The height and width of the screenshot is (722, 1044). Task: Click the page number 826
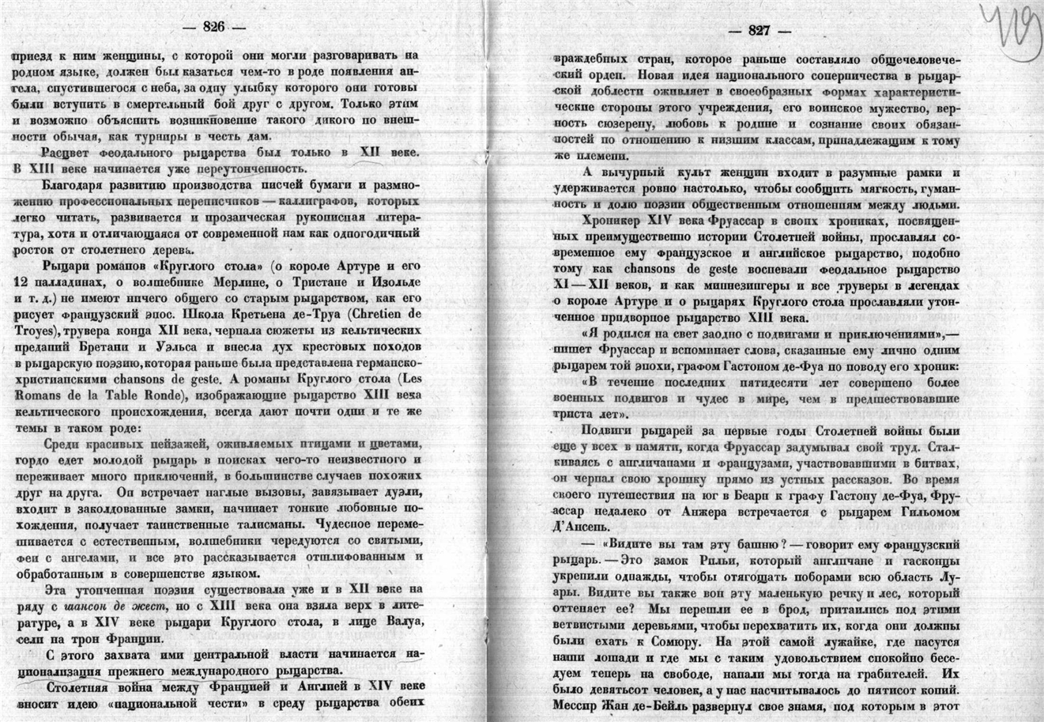(215, 26)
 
